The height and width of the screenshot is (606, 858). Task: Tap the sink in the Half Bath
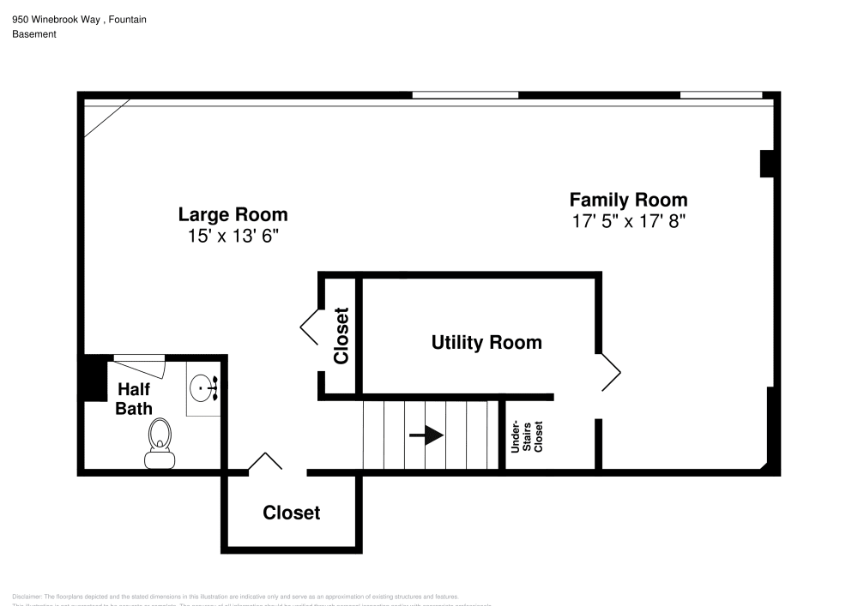[x=204, y=388]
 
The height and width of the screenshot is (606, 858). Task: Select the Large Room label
[x=233, y=214]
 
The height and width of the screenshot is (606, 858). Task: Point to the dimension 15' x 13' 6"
[x=233, y=236]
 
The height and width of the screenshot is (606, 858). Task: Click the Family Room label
[x=628, y=200]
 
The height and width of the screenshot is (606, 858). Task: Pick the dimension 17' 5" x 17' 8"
[x=629, y=221]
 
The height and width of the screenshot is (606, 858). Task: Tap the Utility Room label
[x=486, y=343]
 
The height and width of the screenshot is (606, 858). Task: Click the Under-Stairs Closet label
[x=527, y=436]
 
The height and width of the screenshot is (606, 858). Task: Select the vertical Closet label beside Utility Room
[x=341, y=336]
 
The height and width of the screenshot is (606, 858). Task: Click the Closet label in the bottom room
[x=291, y=513]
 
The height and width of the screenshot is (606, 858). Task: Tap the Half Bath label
[x=134, y=399]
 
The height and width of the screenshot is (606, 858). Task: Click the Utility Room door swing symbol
[x=610, y=372]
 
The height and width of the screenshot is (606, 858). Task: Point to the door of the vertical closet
[x=310, y=325]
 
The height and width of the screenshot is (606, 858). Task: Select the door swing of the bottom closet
[x=265, y=462]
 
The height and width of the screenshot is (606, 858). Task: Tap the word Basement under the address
[x=34, y=34]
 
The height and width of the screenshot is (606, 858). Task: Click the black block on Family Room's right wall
[x=767, y=164]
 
